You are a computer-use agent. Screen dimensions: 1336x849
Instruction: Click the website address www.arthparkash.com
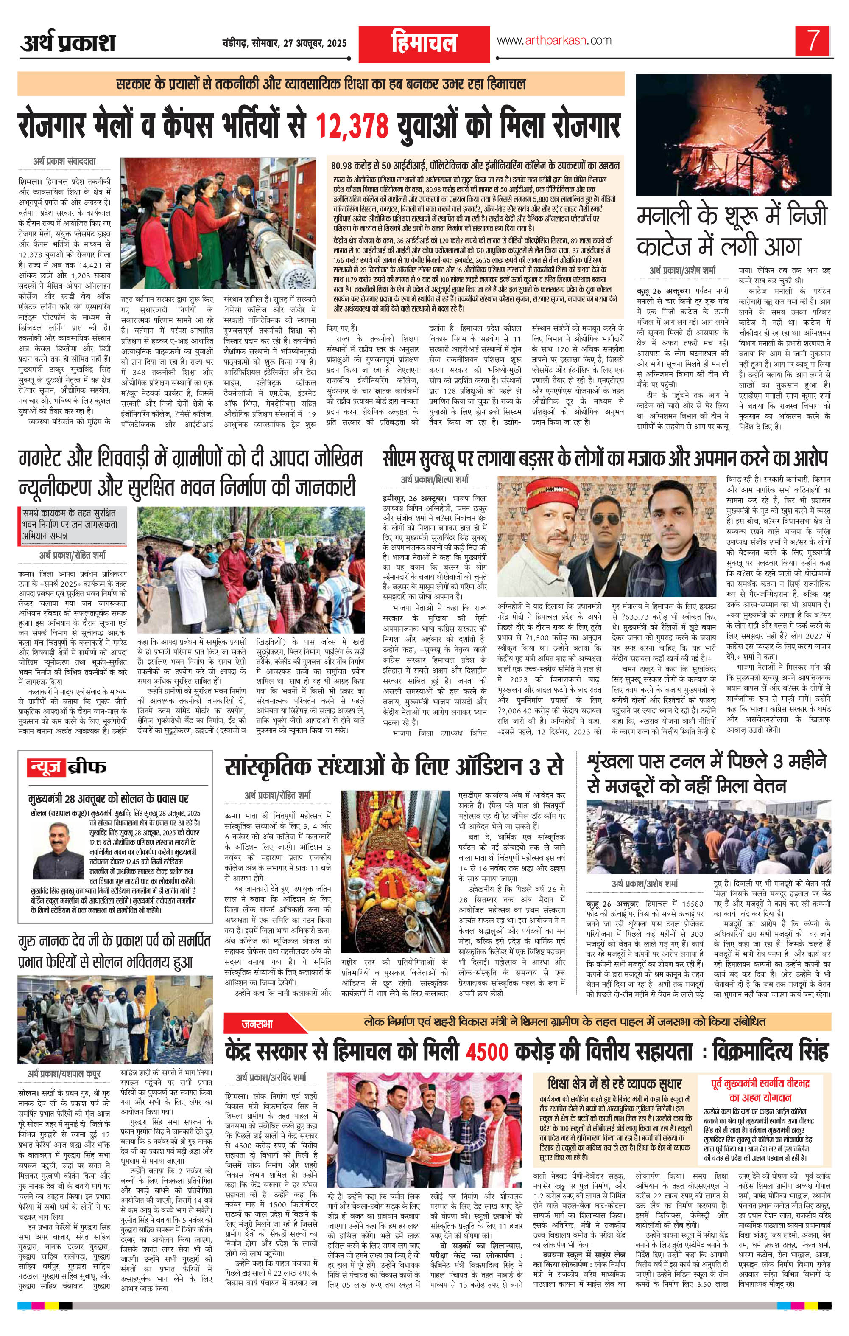tap(554, 40)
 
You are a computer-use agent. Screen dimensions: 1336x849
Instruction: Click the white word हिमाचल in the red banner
tap(424, 43)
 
